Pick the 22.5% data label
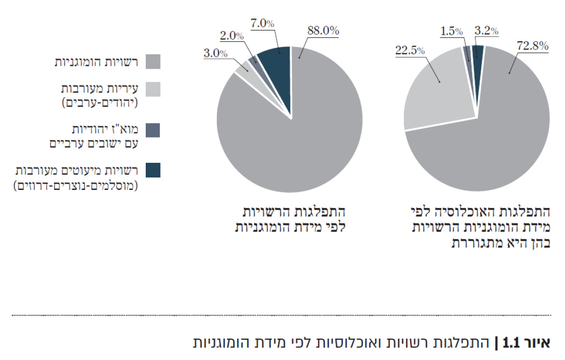(410, 50)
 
